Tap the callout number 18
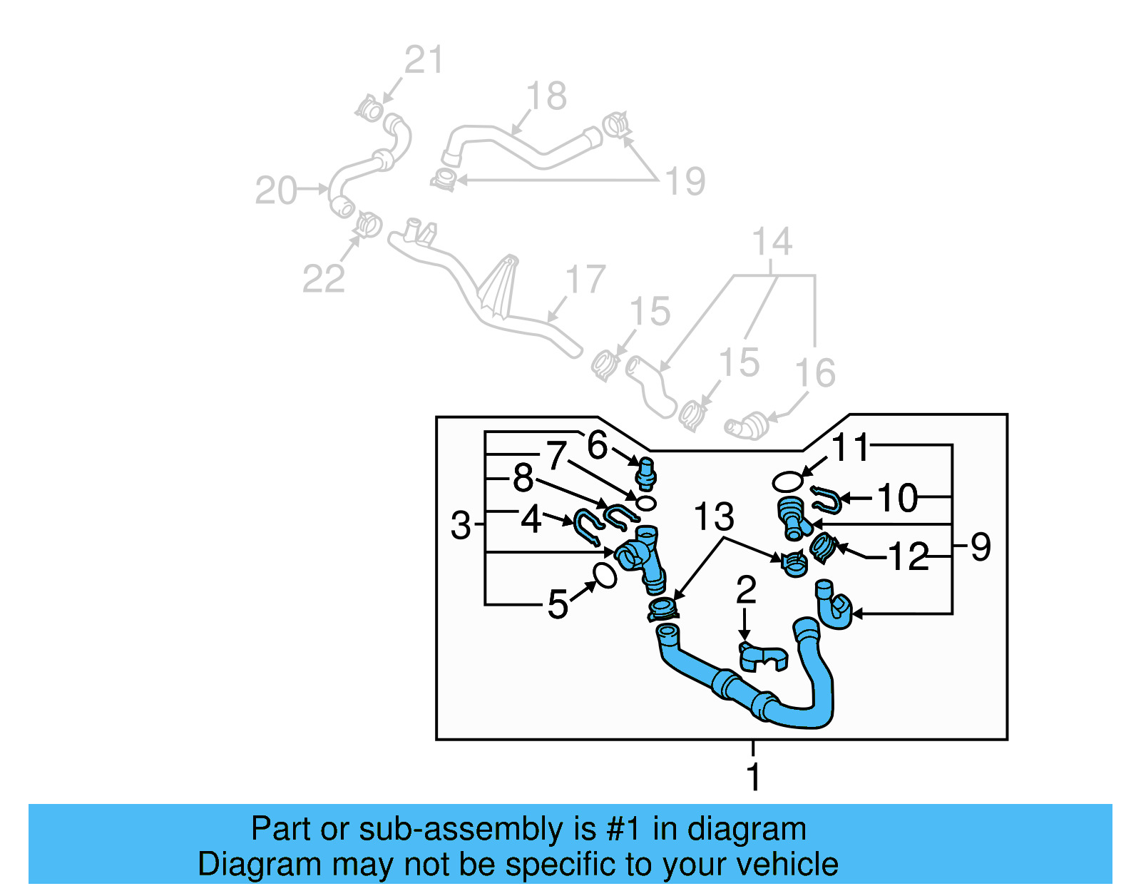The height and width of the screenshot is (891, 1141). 546,96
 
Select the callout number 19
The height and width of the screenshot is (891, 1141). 685,181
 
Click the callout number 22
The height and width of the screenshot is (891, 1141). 324,278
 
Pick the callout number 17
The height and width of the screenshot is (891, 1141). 585,279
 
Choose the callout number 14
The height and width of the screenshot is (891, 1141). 772,242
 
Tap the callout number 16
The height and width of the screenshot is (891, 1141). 815,373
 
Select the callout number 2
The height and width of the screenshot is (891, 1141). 746,590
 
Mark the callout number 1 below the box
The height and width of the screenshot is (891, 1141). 754,777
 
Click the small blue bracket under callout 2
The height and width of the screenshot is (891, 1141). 763,657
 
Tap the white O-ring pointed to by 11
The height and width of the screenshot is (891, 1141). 788,481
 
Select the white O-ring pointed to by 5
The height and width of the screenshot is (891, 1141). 604,576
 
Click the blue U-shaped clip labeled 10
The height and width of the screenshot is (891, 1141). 827,500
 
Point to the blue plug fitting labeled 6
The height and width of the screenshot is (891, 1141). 646,474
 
